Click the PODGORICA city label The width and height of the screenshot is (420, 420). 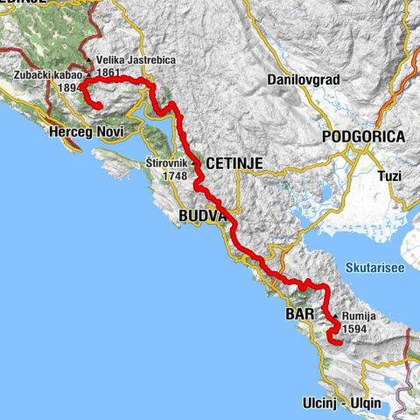click(363, 136)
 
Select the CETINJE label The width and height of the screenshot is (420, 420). click(234, 163)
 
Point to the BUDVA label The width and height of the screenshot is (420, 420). click(201, 215)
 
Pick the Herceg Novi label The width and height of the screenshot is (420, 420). click(86, 131)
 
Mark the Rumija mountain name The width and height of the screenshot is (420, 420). click(360, 318)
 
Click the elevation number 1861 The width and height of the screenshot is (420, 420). click(109, 73)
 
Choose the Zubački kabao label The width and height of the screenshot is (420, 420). click(48, 75)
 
